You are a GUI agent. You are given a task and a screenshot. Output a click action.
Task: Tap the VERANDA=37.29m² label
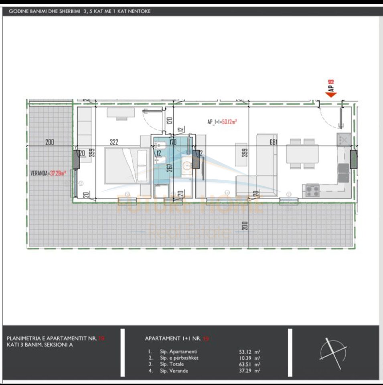(49, 174)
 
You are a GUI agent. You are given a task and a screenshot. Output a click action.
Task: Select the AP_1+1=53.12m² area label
(222, 122)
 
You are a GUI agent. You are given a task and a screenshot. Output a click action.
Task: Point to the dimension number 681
(274, 142)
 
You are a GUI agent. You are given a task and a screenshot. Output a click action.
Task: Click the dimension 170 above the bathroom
(173, 142)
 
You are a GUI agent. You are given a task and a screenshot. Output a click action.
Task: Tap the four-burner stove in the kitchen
(313, 190)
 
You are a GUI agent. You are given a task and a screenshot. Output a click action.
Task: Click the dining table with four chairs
(302, 154)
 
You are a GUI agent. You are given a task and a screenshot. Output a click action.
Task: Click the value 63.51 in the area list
(246, 364)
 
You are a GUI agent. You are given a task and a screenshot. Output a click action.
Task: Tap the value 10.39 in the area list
(246, 358)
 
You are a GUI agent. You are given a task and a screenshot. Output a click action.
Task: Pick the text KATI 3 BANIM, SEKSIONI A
(40, 344)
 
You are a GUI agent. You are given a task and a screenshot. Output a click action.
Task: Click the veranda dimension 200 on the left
(50, 142)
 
